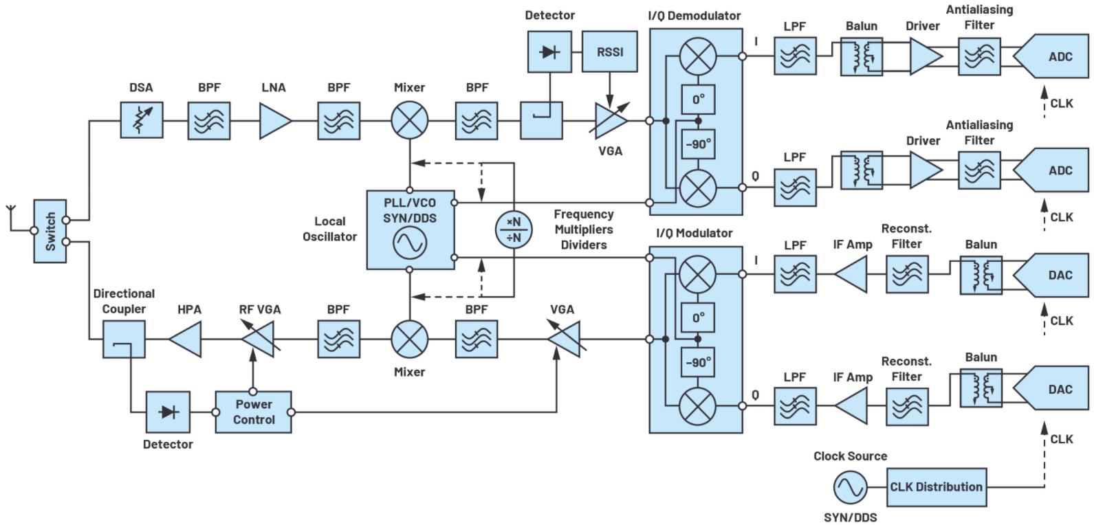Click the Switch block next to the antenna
click(x=50, y=232)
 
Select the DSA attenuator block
click(x=142, y=120)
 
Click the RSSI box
click(x=610, y=52)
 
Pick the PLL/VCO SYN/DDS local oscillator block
click(x=411, y=230)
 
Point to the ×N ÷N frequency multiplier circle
click(x=514, y=230)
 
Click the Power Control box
click(x=254, y=412)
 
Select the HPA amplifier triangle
click(x=185, y=339)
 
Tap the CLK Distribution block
click(x=937, y=487)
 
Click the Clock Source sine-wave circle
click(x=851, y=487)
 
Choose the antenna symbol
click(x=10, y=218)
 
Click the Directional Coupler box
click(x=124, y=339)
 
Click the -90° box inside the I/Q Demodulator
click(x=699, y=144)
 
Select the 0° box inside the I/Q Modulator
click(x=699, y=317)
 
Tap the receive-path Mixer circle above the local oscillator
click(x=410, y=120)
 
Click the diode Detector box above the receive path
click(x=550, y=52)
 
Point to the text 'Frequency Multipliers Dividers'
click(x=584, y=230)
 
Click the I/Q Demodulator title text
click(x=694, y=16)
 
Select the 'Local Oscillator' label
click(x=329, y=229)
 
